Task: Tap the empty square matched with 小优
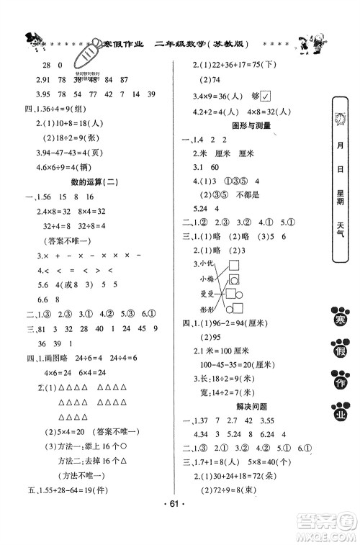pyautogui.click(x=235, y=266)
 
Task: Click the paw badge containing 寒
pyautogui.click(x=338, y=315)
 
